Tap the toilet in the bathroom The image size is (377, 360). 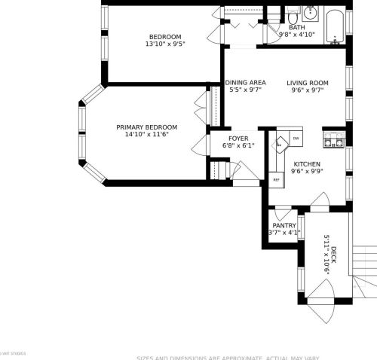pyautogui.click(x=293, y=15)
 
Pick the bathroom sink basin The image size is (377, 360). pyautogui.click(x=311, y=14)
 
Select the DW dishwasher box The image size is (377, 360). pyautogui.click(x=296, y=139)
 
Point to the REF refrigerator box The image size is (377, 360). pyautogui.click(x=276, y=180)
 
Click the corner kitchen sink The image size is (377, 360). pyautogui.click(x=280, y=140)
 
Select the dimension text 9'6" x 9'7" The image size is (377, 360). pyautogui.click(x=307, y=90)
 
